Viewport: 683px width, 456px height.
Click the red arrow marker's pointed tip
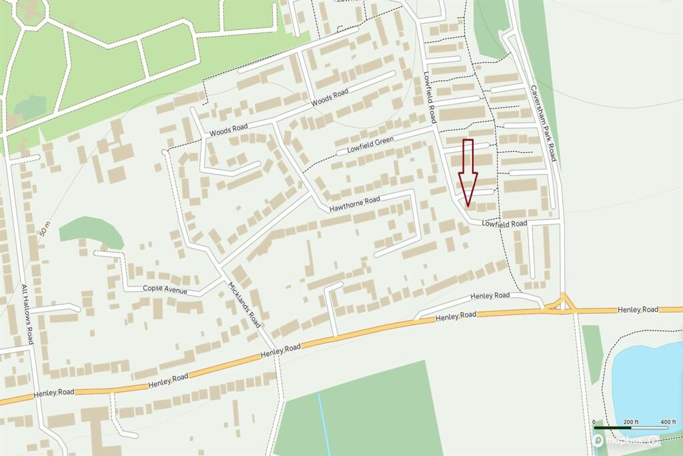click(x=468, y=204)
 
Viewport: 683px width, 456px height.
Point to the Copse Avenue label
click(x=165, y=290)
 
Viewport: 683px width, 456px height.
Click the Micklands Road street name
click(x=243, y=304)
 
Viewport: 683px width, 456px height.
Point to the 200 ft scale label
click(x=631, y=422)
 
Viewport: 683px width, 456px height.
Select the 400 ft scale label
click(x=668, y=422)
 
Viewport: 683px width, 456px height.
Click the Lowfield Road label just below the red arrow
click(x=505, y=224)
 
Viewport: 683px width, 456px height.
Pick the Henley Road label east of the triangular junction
click(x=638, y=309)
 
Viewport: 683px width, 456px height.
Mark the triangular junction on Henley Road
click(x=562, y=304)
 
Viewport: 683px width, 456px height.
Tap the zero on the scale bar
click(x=594, y=422)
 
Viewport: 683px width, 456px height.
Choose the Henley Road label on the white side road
click(x=490, y=296)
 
